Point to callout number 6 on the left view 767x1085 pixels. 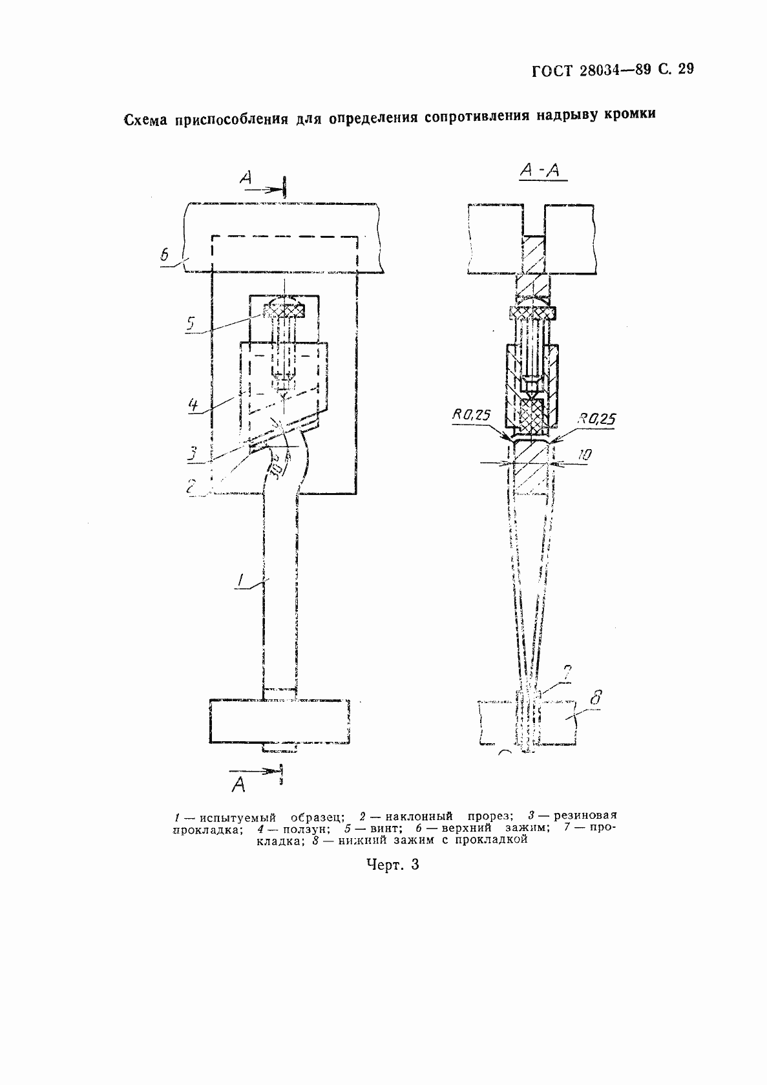coord(164,255)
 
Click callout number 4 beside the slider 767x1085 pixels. coord(193,406)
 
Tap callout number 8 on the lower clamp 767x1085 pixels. coord(597,698)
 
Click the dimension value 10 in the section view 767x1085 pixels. coord(583,455)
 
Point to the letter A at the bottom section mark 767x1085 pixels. coord(238,784)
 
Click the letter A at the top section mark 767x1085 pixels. coord(246,178)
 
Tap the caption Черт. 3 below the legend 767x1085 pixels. coord(393,864)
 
